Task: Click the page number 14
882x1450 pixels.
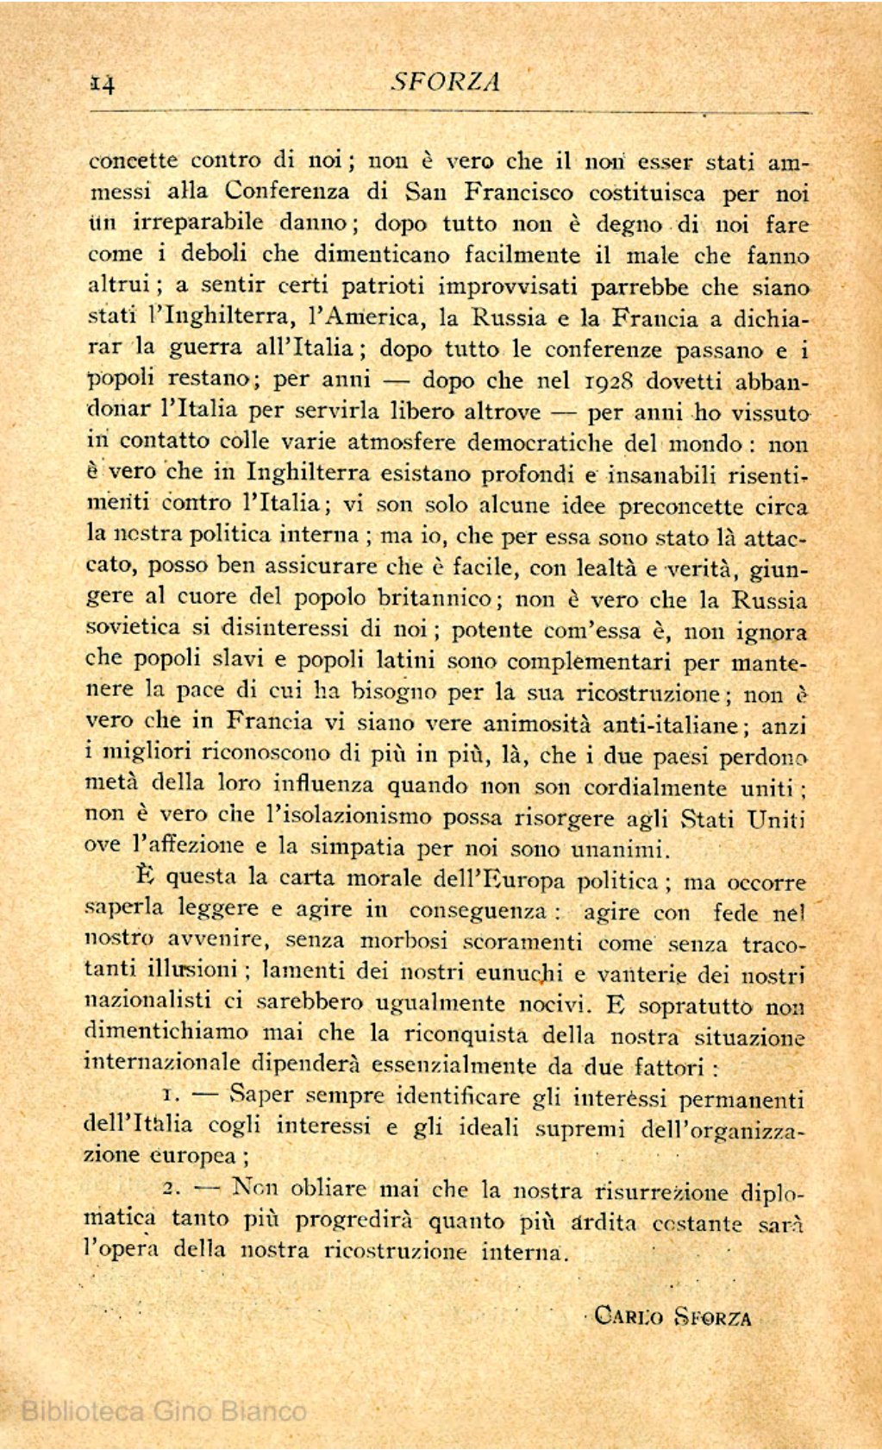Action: [103, 83]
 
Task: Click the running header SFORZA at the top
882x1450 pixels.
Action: [446, 81]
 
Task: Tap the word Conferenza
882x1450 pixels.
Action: [287, 191]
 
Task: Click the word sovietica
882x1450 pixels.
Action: [134, 627]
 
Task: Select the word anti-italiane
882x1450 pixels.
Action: [669, 725]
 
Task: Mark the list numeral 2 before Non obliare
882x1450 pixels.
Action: [170, 1189]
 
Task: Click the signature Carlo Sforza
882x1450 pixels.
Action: [672, 1317]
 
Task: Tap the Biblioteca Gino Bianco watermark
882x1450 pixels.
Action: [163, 1411]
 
